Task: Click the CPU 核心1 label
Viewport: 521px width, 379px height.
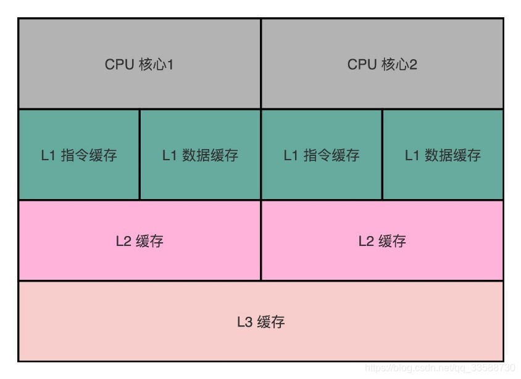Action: (139, 65)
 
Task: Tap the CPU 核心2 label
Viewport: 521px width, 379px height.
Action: (382, 65)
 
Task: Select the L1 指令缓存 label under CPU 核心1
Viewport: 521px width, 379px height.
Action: (79, 155)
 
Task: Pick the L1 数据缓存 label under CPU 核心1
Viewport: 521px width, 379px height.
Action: (200, 155)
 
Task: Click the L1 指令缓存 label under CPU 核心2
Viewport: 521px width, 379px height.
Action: (322, 155)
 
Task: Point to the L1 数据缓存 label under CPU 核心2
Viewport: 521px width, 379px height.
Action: (443, 155)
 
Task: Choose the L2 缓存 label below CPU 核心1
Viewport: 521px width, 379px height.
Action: (140, 241)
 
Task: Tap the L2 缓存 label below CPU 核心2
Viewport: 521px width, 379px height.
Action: (382, 241)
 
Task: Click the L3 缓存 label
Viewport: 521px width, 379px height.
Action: (260, 322)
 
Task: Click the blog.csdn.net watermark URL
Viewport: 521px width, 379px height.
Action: (440, 368)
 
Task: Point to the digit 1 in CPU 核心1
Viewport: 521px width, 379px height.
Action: (170, 65)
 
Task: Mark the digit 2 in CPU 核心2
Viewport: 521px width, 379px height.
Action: (413, 65)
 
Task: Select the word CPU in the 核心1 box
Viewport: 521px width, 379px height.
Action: (119, 65)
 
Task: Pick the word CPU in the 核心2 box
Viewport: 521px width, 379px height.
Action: (362, 65)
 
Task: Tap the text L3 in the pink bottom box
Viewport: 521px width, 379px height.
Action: (245, 322)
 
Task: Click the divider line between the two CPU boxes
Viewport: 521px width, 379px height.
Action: (261, 65)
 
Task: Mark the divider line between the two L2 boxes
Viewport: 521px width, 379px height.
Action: (261, 241)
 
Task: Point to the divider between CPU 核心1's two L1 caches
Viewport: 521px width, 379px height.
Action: (140, 155)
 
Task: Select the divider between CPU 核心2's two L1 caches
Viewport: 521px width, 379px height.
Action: (382, 155)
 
